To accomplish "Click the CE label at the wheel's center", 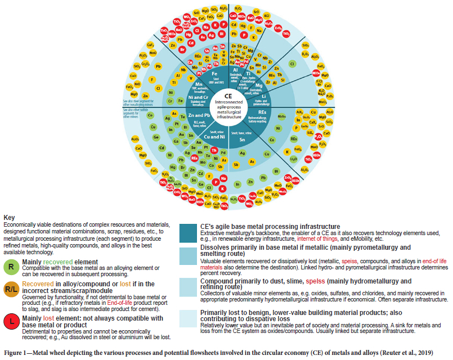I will coord(232,97).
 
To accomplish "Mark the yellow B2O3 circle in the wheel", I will coord(306,55).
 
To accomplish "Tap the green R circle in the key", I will coord(12,265).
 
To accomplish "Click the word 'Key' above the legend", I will coord(9,217).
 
